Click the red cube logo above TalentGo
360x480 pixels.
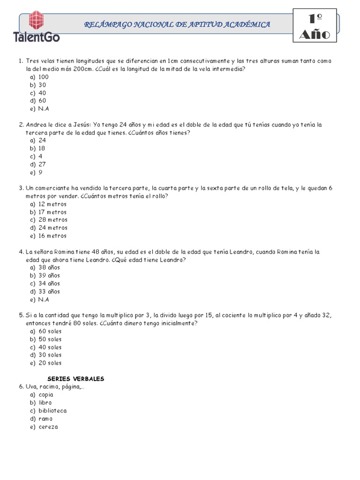(38, 21)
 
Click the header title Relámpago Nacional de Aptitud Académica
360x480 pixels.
(177, 24)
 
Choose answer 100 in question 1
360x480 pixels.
(44, 77)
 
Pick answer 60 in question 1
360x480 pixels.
(42, 101)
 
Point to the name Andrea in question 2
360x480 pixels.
(36, 125)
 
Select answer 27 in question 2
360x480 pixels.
(42, 165)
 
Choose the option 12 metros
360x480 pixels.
(52, 204)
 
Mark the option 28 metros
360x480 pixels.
(53, 220)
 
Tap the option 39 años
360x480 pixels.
(49, 276)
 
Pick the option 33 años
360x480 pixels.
(49, 292)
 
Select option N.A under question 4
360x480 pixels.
(44, 300)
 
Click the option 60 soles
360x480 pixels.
(50, 331)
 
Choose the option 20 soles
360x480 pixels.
(50, 363)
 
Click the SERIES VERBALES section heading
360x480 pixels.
(76, 379)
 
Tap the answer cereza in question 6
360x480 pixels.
(48, 427)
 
